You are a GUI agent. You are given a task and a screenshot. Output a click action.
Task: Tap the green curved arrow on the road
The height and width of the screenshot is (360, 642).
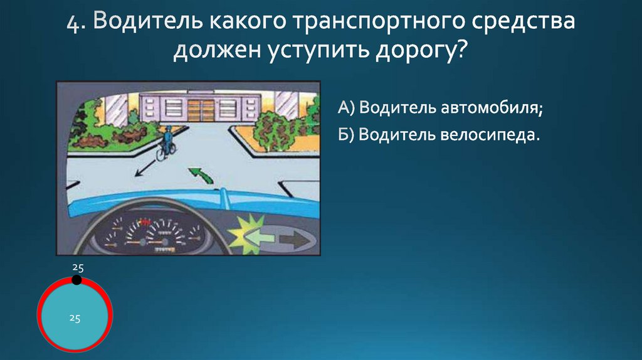pos(200,173)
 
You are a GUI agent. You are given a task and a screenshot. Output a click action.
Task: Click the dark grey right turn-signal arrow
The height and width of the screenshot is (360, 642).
pos(293,239)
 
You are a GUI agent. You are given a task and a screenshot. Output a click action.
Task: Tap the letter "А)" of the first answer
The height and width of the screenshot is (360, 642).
pos(347,108)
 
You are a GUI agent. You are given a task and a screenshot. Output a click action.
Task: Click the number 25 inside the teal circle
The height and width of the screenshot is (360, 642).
pos(75,318)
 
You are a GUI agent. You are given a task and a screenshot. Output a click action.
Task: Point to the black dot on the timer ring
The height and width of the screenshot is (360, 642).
pos(76,280)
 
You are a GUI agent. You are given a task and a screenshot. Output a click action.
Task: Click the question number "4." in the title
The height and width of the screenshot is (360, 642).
pos(78,23)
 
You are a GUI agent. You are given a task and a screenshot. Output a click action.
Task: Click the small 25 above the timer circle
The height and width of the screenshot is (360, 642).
pos(76,268)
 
